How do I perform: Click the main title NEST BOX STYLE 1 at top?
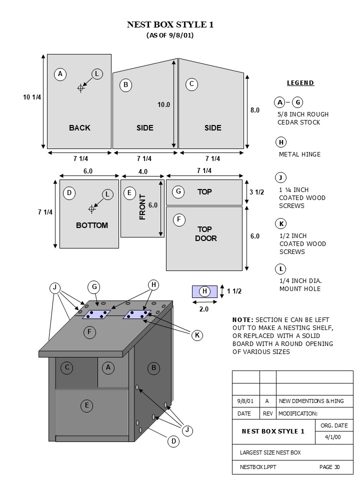point(170,24)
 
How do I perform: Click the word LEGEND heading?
point(300,83)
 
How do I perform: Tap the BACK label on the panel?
point(79,128)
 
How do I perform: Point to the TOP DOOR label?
point(205,233)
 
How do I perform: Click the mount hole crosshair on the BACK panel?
point(80,88)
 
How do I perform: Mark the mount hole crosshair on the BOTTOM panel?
point(91,208)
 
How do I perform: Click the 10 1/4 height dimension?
point(32,97)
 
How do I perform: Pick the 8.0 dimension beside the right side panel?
point(255,110)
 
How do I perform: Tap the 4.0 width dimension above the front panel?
point(143,171)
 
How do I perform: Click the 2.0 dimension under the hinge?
point(204,309)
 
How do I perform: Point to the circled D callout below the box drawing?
point(173,441)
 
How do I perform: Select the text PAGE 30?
point(329,467)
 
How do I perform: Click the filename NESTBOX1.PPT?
point(258,467)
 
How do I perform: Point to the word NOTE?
point(243,319)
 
